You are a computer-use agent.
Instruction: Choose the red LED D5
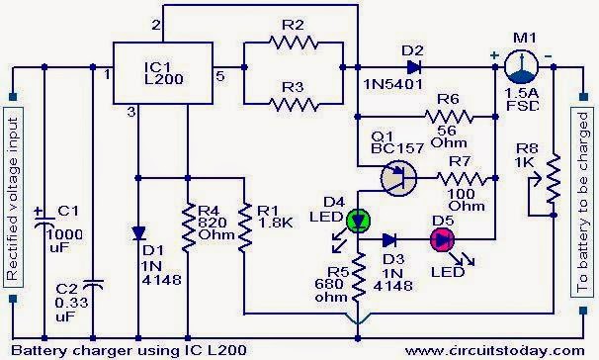(x=437, y=238)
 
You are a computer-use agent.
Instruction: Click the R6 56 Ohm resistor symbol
(x=454, y=119)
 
